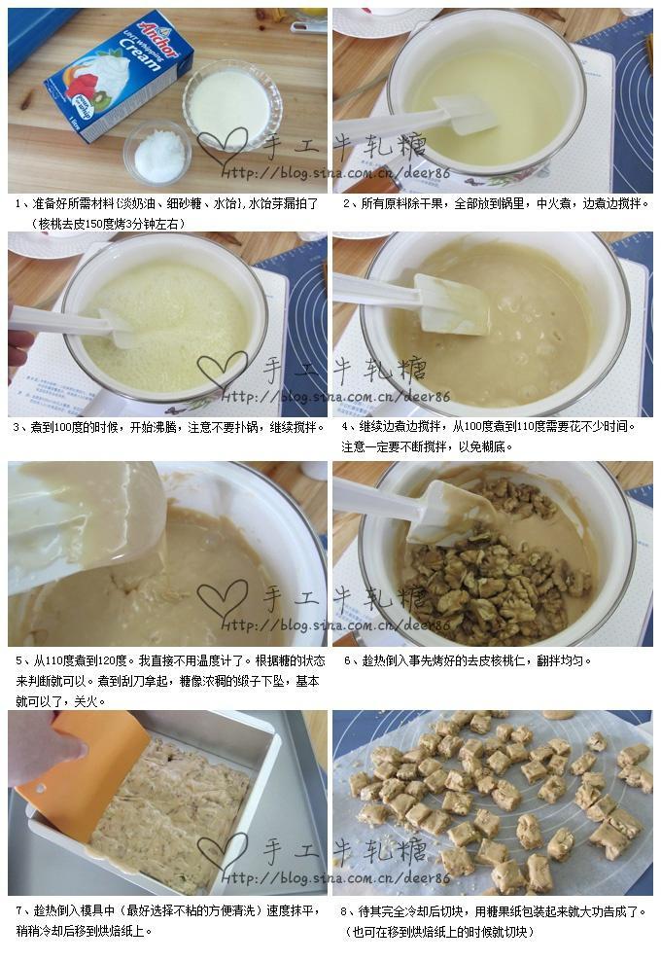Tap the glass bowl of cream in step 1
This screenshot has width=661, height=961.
coord(231,102)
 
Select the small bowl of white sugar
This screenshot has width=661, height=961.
coord(158,154)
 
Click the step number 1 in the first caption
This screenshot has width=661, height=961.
coord(18,204)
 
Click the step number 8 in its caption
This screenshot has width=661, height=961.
coord(345,910)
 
